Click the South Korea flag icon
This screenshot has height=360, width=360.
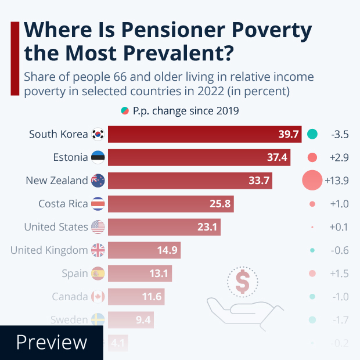(x=98, y=135)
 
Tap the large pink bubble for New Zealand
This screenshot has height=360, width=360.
(x=312, y=181)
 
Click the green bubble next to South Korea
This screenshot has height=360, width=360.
(x=312, y=135)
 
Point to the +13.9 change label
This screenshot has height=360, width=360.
(x=336, y=181)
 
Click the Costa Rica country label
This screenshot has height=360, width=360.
(x=63, y=204)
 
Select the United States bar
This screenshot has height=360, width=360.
(x=164, y=227)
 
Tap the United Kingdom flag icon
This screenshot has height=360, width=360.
(x=98, y=250)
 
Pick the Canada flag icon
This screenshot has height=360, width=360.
(x=98, y=297)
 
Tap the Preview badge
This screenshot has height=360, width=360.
(x=51, y=343)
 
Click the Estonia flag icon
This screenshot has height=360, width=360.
(x=98, y=157)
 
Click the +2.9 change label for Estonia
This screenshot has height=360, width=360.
(x=339, y=157)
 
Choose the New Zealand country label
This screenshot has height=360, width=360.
(x=57, y=181)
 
